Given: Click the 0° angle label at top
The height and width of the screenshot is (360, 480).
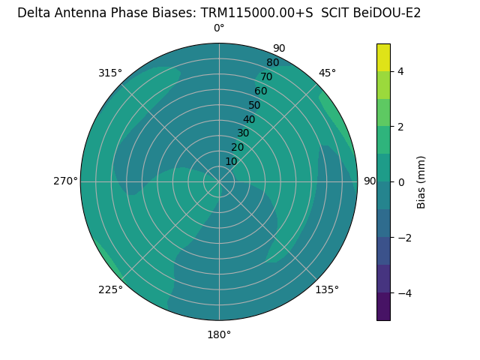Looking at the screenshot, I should click(219, 28).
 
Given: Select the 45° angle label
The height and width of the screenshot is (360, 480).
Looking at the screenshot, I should click(327, 73).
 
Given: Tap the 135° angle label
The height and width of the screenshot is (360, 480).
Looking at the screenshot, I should click(327, 289).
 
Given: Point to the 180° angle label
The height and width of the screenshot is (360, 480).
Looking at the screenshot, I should click(219, 334).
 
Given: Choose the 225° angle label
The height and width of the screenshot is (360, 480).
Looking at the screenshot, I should click(110, 289).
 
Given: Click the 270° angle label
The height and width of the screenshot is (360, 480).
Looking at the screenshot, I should click(65, 181).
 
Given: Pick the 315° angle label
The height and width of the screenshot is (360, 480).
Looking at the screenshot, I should click(110, 73).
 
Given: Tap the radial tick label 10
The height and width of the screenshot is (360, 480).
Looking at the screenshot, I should click(231, 161).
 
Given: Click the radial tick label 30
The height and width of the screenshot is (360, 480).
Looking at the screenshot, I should click(243, 133).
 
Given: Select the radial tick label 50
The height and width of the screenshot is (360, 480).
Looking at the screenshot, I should click(254, 105).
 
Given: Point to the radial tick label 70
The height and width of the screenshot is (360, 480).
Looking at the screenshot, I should click(266, 76).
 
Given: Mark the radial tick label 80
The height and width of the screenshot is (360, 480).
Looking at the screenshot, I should click(272, 63).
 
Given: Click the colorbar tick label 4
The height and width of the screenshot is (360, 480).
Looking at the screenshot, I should click(401, 71).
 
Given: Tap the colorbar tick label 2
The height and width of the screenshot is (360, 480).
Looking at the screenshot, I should click(401, 127).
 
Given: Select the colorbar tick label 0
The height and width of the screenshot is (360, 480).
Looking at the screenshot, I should click(401, 182).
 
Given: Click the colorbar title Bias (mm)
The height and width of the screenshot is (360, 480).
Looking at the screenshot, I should click(421, 182).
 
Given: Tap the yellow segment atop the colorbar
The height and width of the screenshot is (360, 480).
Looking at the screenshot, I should click(383, 58).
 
